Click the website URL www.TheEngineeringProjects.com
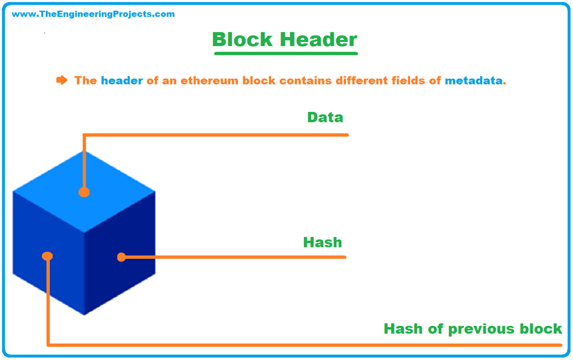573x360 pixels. [93, 14]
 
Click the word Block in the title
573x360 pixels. [243, 40]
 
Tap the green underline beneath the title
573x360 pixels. [285, 54]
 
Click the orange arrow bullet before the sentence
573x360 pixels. [62, 80]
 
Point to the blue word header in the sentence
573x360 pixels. [121, 81]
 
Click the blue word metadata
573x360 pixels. [473, 81]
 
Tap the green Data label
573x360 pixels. [325, 118]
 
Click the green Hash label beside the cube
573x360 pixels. [322, 242]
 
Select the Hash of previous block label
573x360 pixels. [472, 329]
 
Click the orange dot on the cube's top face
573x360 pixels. [84, 192]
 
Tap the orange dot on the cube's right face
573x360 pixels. [121, 257]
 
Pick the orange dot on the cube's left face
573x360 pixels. [48, 256]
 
